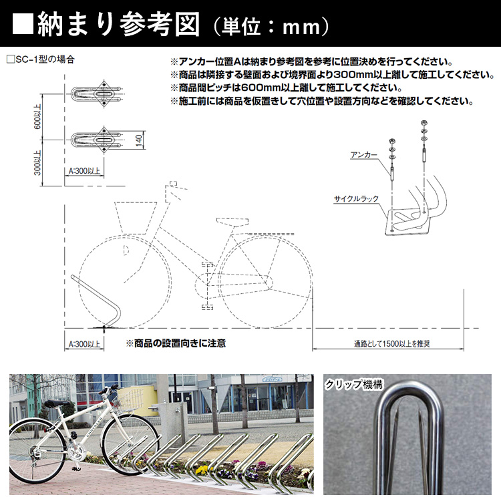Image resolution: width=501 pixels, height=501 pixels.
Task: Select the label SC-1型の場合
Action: [41, 59]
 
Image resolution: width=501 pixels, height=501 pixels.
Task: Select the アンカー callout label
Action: [364, 154]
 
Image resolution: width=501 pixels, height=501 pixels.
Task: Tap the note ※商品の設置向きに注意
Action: [176, 343]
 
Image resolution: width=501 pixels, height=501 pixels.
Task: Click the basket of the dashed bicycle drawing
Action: [138, 217]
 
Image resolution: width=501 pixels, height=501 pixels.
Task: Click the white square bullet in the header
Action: [23, 25]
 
